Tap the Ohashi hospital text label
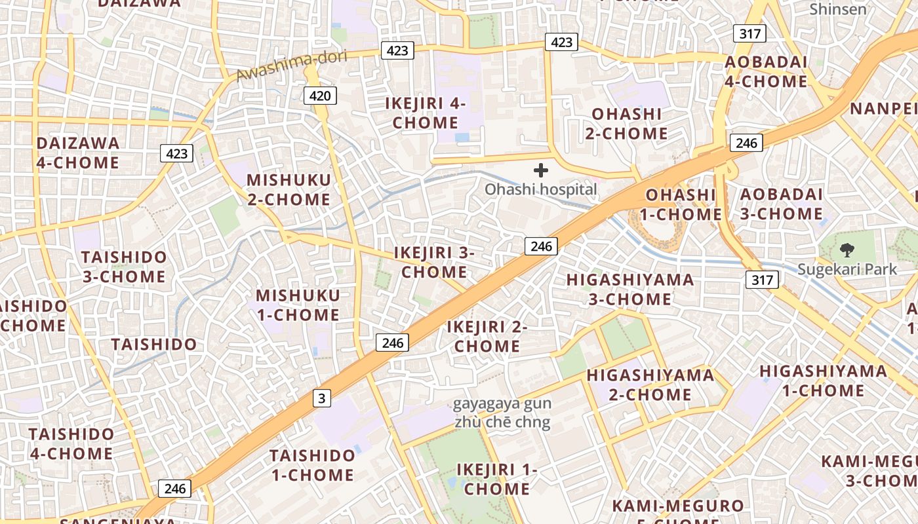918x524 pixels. (541, 190)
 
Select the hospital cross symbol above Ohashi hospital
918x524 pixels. (541, 171)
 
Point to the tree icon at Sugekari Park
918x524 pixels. (847, 250)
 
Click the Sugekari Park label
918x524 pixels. (847, 269)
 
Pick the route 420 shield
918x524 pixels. (320, 96)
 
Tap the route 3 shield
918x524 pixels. (321, 398)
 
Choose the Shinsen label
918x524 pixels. (837, 9)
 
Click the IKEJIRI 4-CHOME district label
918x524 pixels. (426, 113)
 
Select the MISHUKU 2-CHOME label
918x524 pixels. (289, 189)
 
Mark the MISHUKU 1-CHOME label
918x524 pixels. (298, 305)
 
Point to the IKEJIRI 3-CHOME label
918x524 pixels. (433, 262)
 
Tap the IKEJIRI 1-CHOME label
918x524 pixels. (497, 479)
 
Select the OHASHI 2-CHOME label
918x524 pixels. (626, 123)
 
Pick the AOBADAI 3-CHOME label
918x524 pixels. (781, 204)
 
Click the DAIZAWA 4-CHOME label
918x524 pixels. (78, 153)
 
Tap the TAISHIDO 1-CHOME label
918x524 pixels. (312, 464)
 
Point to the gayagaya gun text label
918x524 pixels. (502, 403)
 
